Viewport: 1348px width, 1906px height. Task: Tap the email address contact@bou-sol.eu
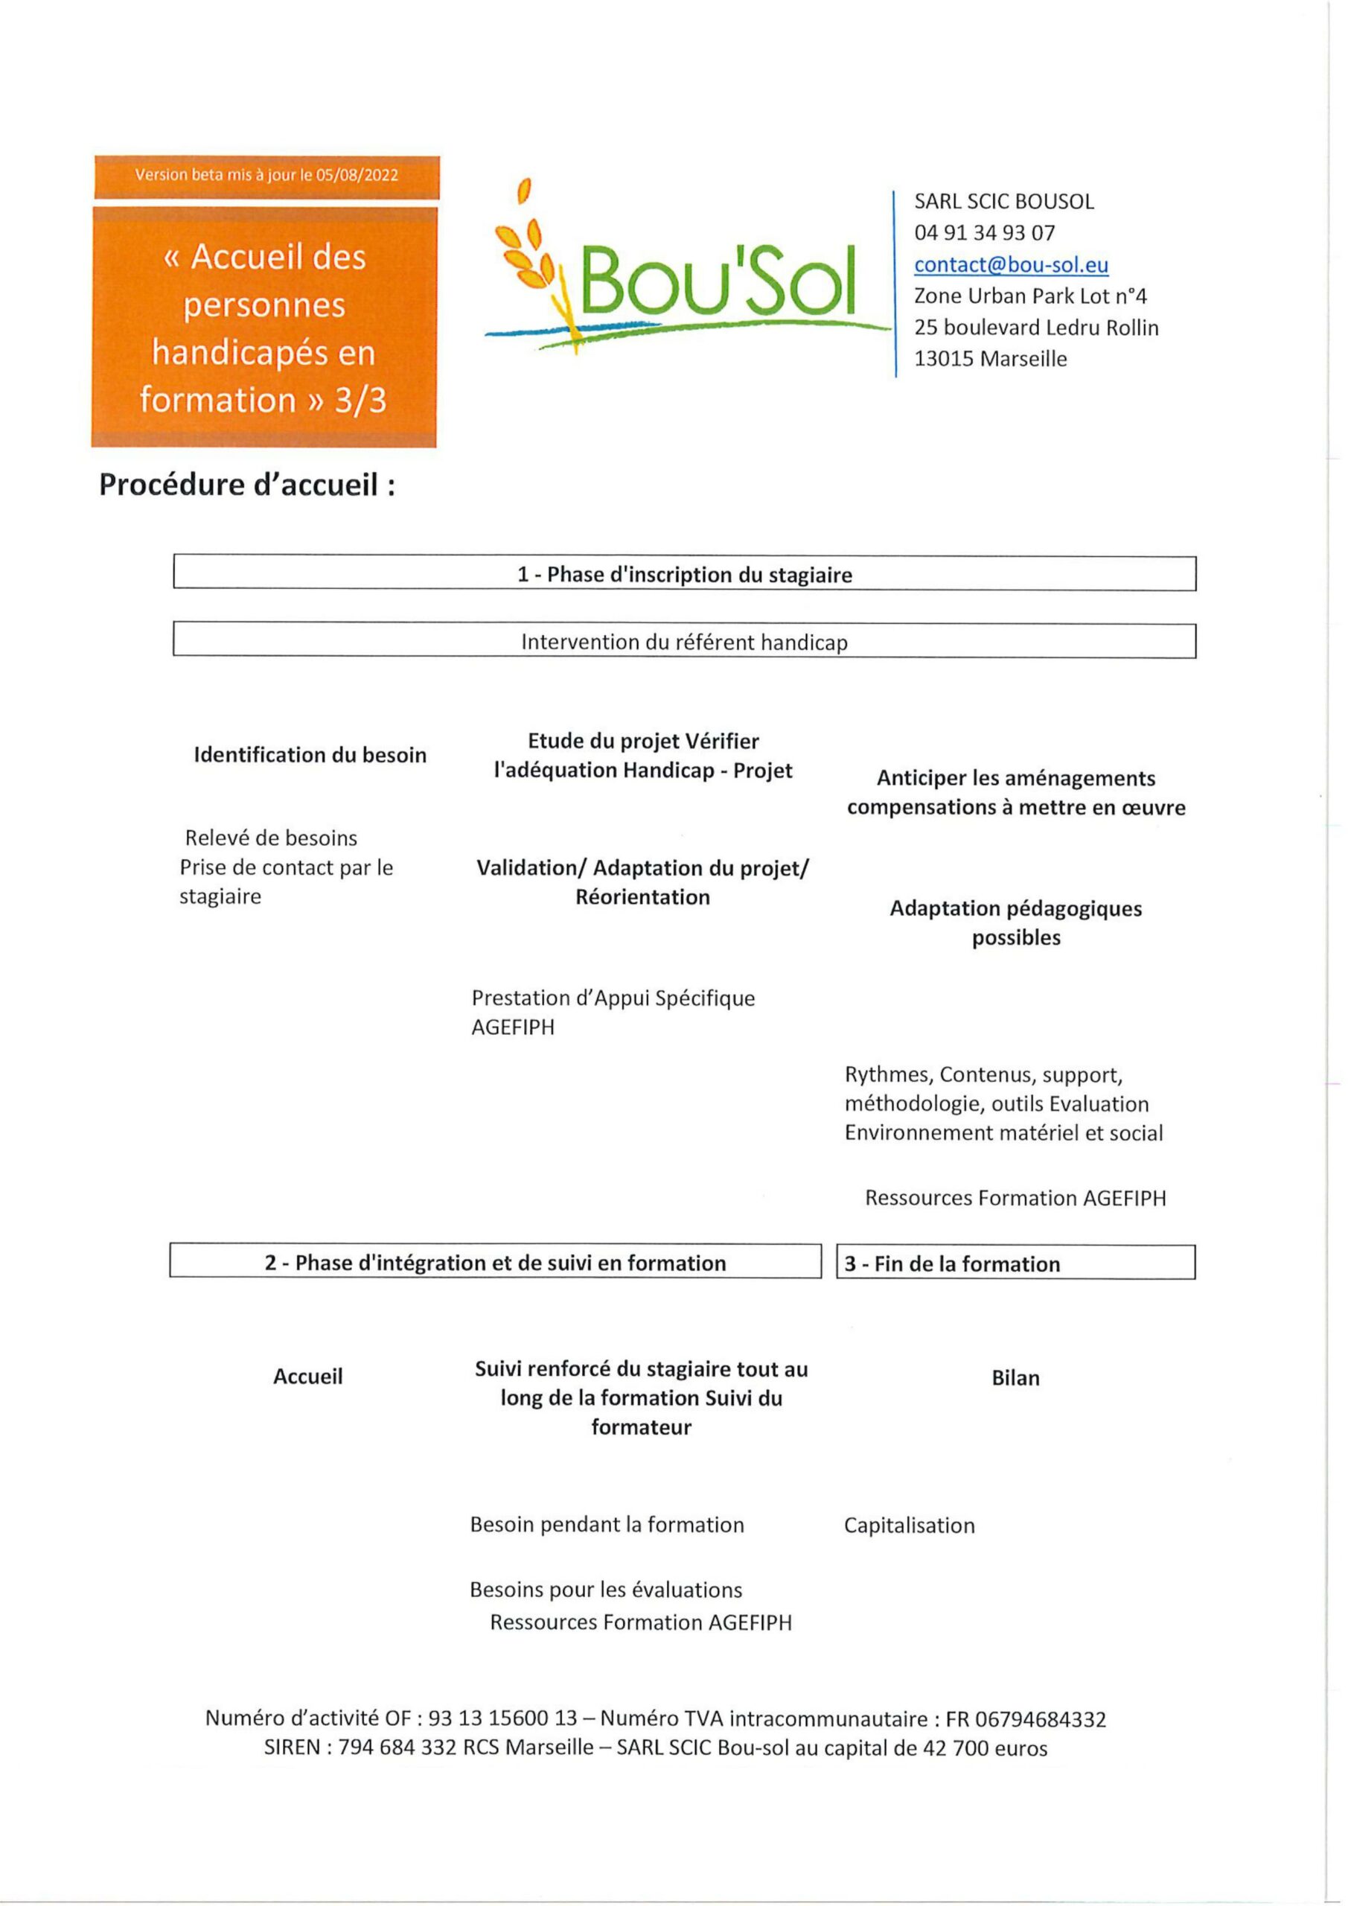(1011, 265)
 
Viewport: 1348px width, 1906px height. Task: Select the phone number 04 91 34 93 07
(985, 233)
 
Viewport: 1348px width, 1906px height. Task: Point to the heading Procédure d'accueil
(246, 485)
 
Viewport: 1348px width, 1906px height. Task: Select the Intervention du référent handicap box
(684, 642)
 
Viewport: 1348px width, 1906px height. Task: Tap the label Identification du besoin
(310, 755)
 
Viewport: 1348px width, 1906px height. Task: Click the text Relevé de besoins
(272, 838)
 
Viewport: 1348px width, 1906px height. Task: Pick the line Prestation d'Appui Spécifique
(613, 998)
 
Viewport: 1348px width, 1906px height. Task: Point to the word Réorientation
(642, 897)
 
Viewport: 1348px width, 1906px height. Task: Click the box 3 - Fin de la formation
(1015, 1263)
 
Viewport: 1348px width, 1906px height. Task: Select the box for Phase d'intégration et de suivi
(495, 1263)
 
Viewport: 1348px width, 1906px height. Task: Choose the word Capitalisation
(909, 1526)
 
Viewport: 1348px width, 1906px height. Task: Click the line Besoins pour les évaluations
(606, 1590)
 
